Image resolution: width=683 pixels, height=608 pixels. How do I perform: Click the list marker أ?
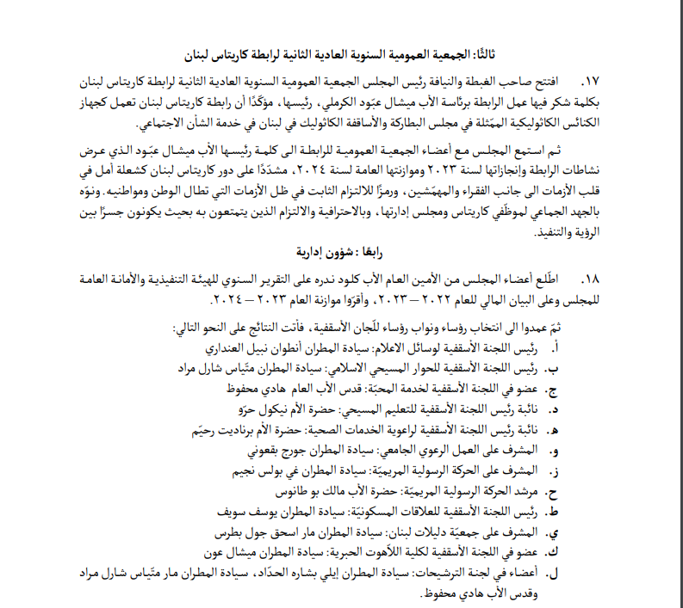pos(553,347)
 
